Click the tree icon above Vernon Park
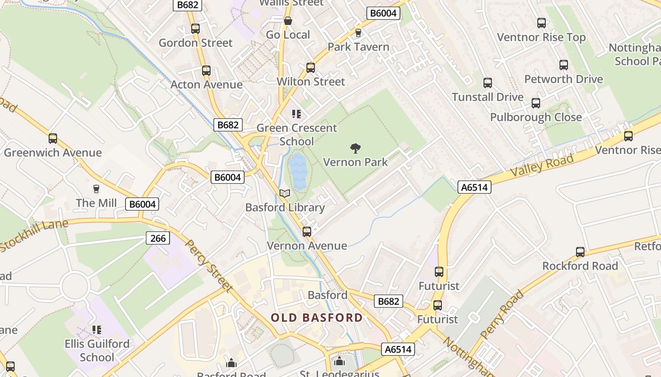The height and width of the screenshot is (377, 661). tap(356, 149)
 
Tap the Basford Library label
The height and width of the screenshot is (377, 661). tap(285, 207)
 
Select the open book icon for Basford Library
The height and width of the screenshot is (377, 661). tap(285, 193)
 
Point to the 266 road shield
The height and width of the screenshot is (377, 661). tap(158, 238)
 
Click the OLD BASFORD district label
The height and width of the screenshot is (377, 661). tap(316, 318)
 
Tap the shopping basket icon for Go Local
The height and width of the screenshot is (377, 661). tap(288, 21)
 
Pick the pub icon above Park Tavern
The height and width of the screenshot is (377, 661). tap(358, 33)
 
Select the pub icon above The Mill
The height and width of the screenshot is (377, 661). tap(96, 189)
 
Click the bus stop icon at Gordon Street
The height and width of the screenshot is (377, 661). tap(195, 28)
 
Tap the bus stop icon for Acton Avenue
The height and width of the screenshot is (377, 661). tap(206, 71)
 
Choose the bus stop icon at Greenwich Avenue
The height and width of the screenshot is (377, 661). tap(53, 139)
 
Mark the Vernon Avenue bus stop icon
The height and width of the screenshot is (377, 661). tap(307, 231)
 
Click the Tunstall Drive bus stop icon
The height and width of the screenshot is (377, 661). tap(488, 83)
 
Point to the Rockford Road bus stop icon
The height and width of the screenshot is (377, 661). tap(580, 252)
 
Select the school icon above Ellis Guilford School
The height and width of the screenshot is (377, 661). tap(97, 329)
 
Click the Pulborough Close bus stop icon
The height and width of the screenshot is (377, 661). tap(536, 103)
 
